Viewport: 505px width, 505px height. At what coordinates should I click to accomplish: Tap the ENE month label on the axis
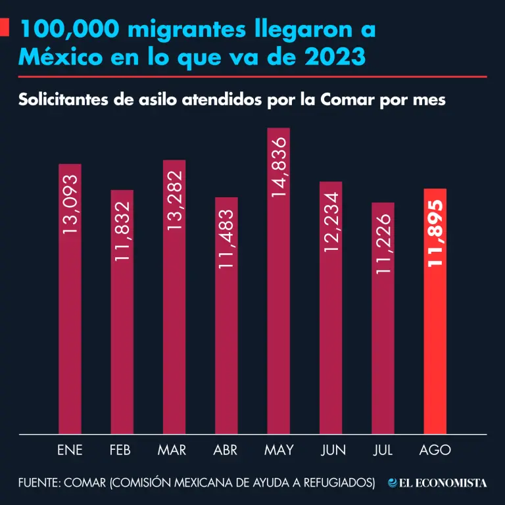click(70, 450)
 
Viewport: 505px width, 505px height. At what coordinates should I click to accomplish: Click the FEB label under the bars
click(122, 450)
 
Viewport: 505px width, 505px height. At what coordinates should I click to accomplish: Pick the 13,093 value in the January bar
click(70, 204)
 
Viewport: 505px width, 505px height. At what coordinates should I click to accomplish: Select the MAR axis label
click(172, 450)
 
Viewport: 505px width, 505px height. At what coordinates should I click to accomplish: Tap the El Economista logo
click(437, 483)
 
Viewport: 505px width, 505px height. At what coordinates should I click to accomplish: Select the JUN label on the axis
click(333, 450)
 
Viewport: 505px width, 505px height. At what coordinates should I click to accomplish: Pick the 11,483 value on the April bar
click(226, 239)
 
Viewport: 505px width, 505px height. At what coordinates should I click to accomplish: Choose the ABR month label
click(226, 450)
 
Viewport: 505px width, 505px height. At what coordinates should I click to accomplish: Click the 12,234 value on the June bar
click(331, 222)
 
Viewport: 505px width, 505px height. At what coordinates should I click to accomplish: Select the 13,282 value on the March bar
click(174, 201)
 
